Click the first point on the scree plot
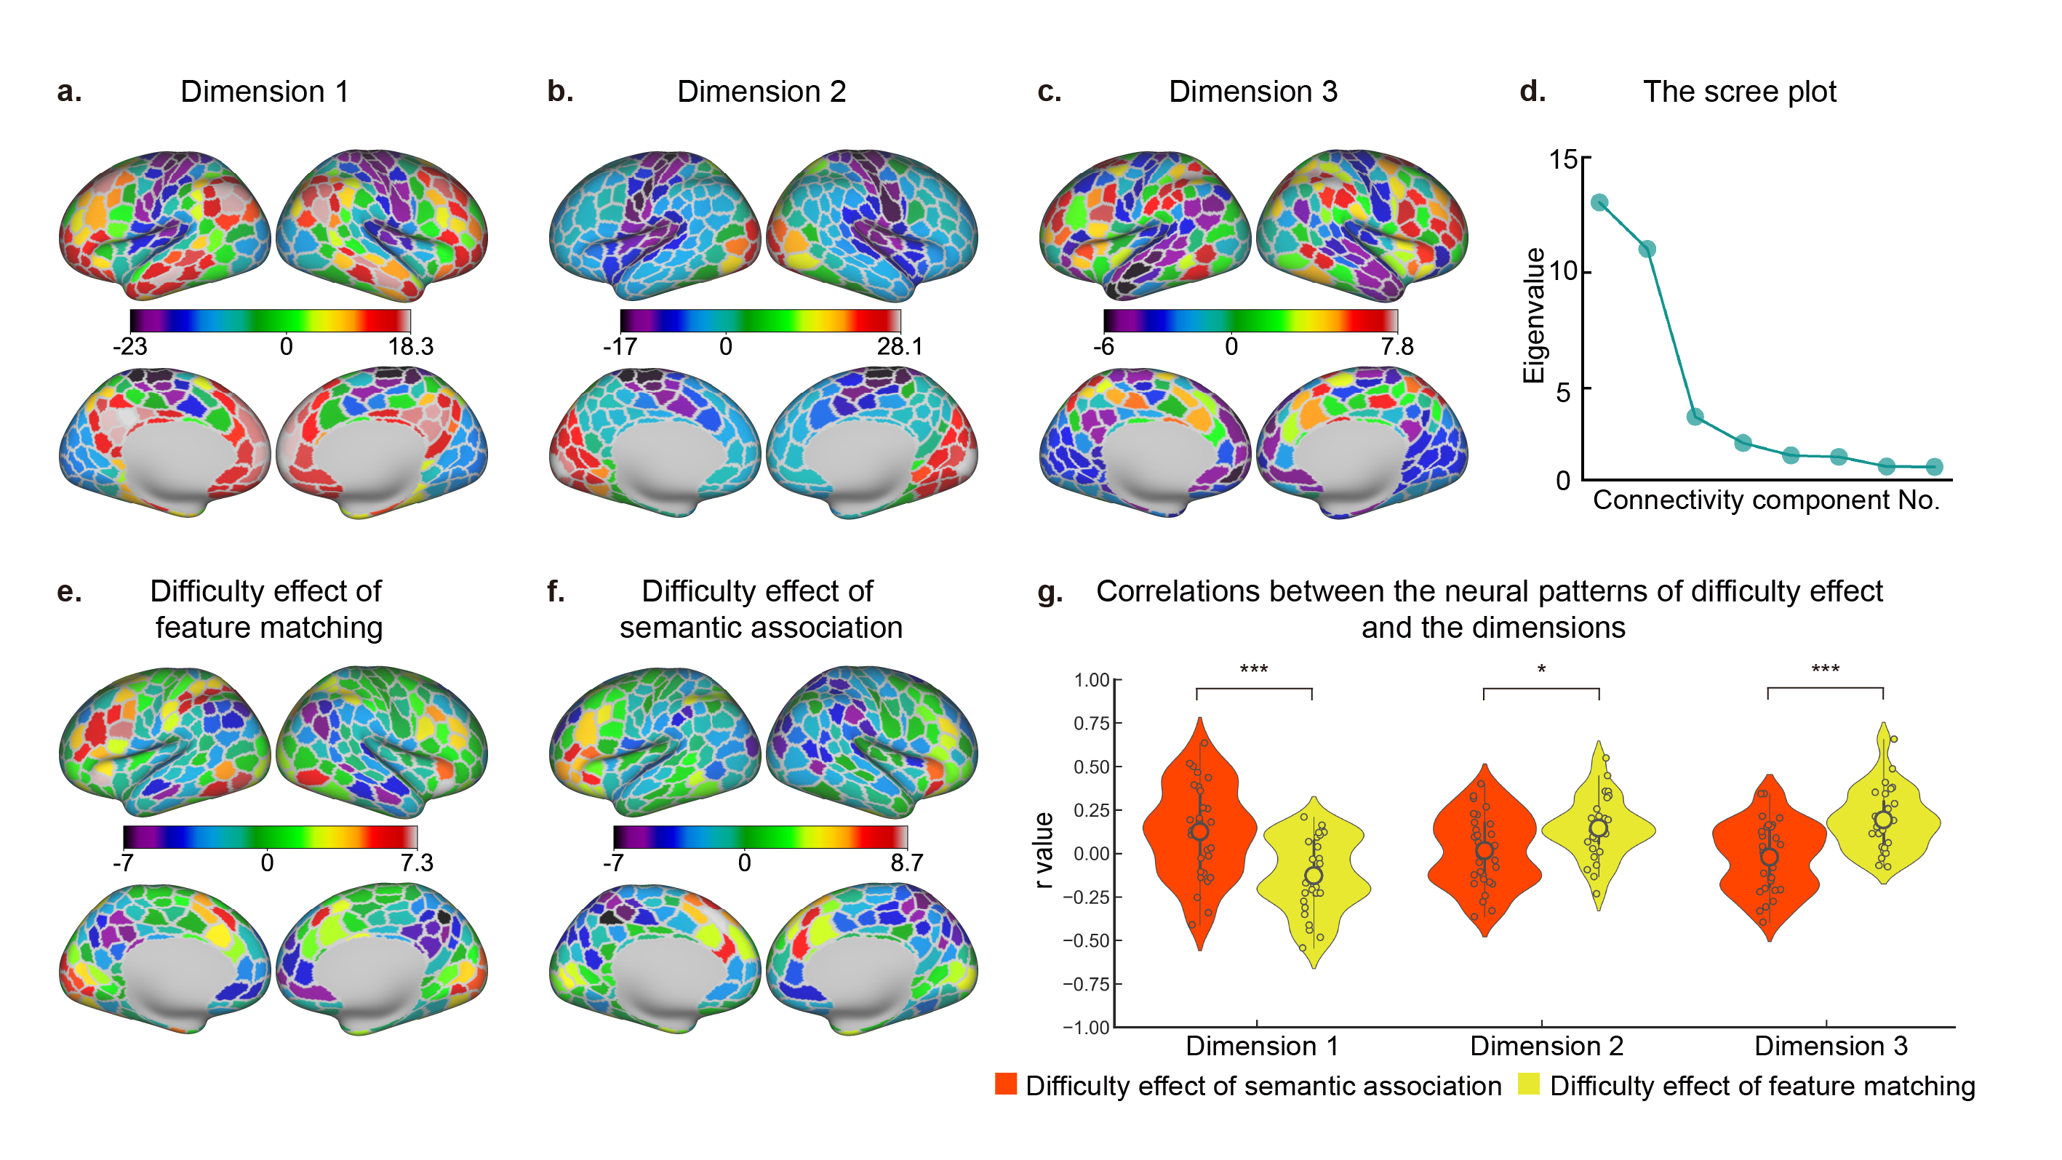1599,202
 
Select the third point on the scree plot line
1694,416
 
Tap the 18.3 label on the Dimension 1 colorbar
411,347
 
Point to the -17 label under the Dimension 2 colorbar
620,347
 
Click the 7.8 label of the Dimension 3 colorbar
1396,347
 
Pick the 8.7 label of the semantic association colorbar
906,863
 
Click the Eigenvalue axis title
1533,316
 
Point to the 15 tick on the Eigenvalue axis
1562,159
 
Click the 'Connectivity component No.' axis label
1766,500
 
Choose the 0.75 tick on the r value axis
1091,723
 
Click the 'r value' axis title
1042,850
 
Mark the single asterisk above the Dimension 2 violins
1541,669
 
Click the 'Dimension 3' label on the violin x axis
1831,1046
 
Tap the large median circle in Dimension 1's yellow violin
1314,875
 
